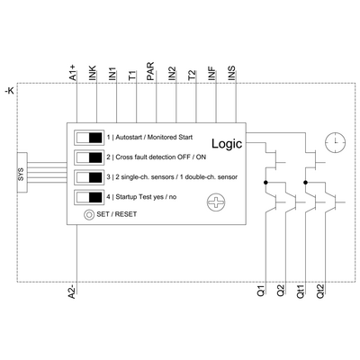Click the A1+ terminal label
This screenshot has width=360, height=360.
coord(74,75)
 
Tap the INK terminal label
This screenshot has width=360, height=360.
coord(94,75)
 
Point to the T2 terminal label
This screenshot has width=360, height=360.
coord(191,75)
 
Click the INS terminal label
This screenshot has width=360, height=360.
coord(231,75)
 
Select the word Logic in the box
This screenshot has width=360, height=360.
coord(228,144)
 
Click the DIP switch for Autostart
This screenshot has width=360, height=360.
coord(89,138)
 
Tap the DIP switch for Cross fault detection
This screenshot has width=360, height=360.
coord(89,157)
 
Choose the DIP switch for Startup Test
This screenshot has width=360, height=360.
coord(89,197)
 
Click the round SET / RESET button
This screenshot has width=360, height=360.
coord(88,215)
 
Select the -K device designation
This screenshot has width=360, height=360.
coord(9,91)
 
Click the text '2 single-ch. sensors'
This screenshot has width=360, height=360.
coord(144,177)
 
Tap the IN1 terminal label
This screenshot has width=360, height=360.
coord(112,75)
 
